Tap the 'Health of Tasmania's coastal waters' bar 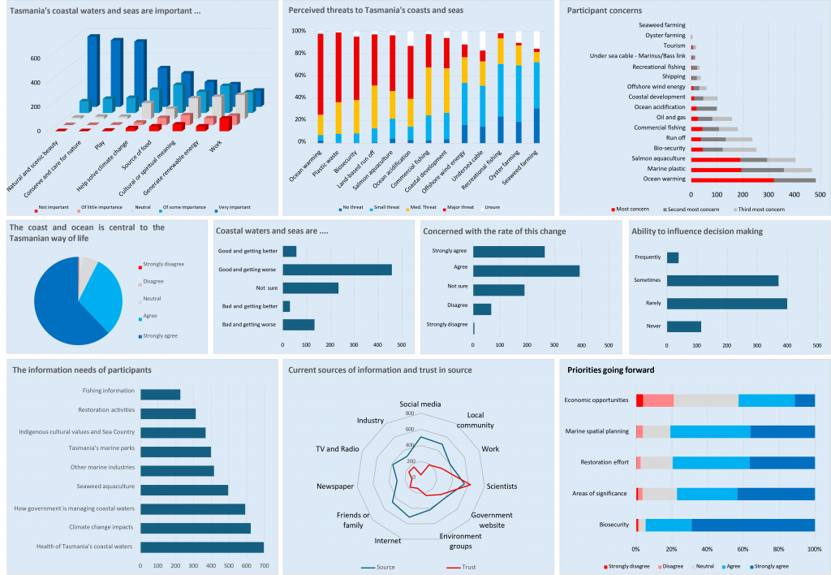(202, 547)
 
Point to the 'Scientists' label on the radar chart (502, 486)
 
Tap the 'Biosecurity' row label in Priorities (614, 525)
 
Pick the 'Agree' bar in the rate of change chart (526, 270)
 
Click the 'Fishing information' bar (160, 395)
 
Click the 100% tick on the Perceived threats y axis (299, 31)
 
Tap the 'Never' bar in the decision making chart (683, 326)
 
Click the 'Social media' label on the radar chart (420, 404)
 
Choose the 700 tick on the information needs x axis (264, 566)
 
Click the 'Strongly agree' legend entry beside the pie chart (161, 335)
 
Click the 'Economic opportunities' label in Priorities (596, 400)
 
